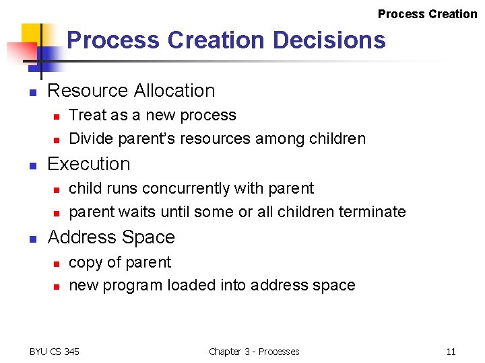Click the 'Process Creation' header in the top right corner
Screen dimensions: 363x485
427,14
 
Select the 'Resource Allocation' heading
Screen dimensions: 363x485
131,91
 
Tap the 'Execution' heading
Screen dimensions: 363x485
89,164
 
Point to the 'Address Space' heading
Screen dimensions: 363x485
111,237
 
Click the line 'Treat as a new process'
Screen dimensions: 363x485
152,115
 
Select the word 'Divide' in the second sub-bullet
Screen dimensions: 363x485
91,139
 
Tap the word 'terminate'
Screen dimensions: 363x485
371,212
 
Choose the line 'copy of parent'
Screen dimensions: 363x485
120,262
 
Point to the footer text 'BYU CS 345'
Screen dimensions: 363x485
55,351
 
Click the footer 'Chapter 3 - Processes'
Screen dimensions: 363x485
254,351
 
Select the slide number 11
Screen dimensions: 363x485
451,351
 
